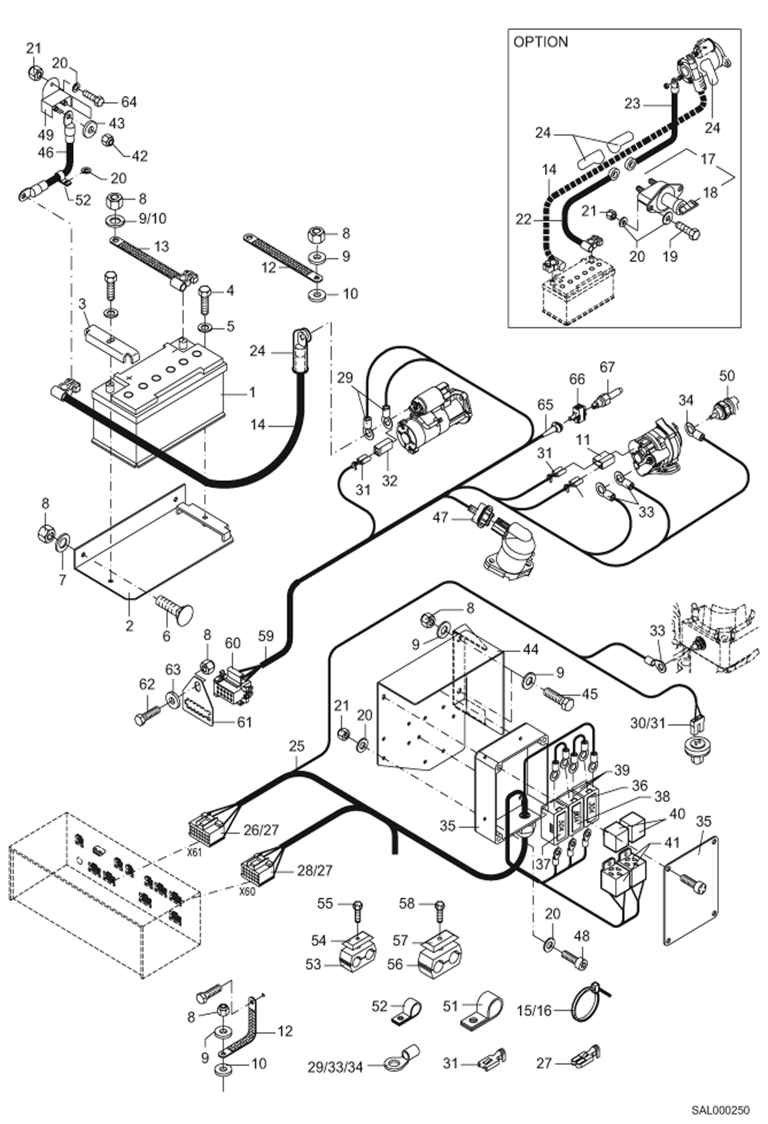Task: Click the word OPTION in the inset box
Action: [540, 42]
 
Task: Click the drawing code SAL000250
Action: [720, 1111]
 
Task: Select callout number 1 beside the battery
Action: [252, 392]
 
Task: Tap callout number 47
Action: [440, 517]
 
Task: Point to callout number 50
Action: [727, 376]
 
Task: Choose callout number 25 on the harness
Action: [296, 746]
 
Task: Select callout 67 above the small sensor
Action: [607, 367]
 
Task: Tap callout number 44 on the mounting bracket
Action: [531, 650]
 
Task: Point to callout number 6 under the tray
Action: [166, 636]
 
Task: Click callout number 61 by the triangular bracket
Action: [244, 722]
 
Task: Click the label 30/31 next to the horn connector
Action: [648, 723]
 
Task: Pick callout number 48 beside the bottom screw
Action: [582, 936]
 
